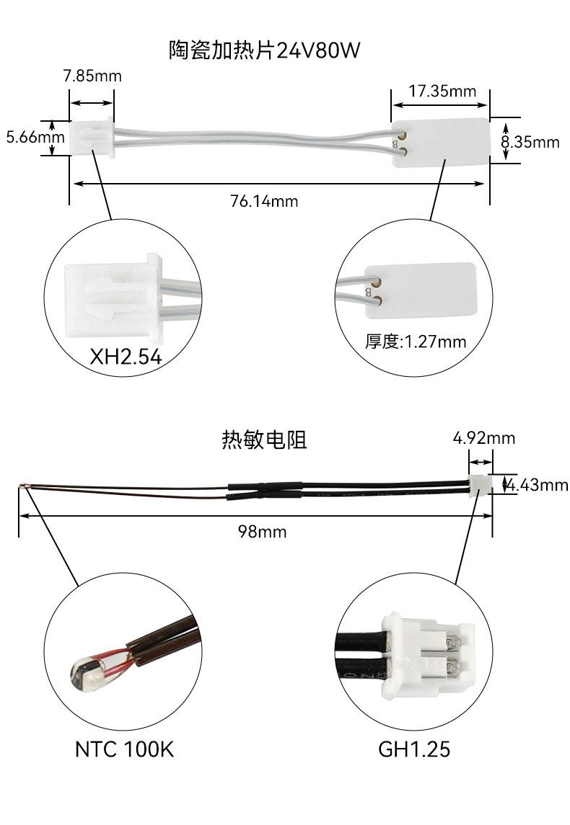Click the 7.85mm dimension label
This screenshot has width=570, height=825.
[x=92, y=76]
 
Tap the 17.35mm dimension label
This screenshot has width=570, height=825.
[x=442, y=91]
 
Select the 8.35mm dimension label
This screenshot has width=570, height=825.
[x=531, y=142]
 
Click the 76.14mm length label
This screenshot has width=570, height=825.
[x=264, y=201]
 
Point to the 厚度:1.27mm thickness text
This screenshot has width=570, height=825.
[x=416, y=341]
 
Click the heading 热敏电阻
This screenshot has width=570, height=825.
[x=264, y=440]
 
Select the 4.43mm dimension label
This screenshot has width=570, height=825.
[x=537, y=485]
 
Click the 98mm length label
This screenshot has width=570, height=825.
[x=263, y=532]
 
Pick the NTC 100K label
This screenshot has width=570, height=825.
[x=124, y=749]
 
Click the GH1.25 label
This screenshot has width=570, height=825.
[x=414, y=749]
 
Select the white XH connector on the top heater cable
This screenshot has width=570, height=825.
[x=92, y=137]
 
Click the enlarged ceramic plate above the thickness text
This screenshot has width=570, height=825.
[x=426, y=287]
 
